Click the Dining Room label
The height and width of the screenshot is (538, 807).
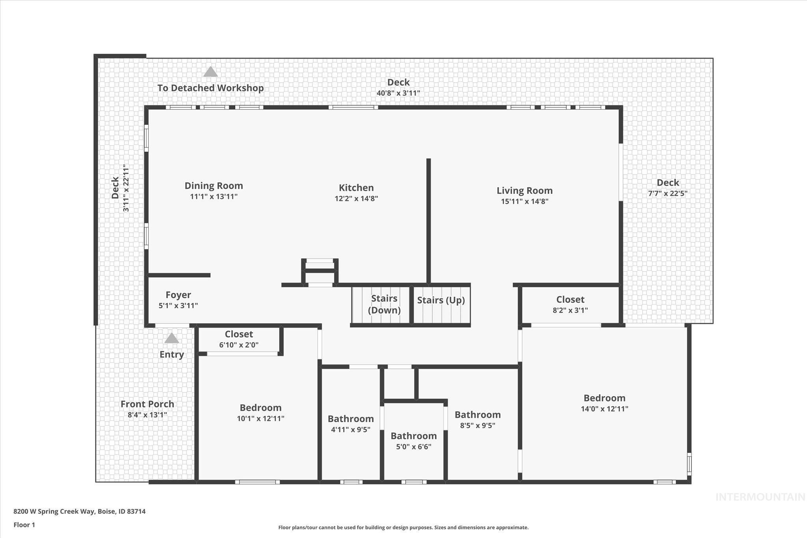[x=214, y=186]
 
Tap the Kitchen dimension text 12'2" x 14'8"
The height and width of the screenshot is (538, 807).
[x=356, y=199]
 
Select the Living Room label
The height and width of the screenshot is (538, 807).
[x=524, y=191]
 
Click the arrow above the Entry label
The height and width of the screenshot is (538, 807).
[x=171, y=339]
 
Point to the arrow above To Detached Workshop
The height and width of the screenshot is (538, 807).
[x=210, y=72]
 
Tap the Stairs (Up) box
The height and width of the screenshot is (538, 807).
[x=441, y=305]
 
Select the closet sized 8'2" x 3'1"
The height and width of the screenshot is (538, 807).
[x=570, y=305]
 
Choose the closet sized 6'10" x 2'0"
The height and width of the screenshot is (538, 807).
[x=239, y=339]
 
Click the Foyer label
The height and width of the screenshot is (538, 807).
[x=178, y=295]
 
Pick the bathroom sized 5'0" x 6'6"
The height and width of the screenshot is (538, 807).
[x=414, y=441]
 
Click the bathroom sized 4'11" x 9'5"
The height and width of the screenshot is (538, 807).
[x=351, y=424]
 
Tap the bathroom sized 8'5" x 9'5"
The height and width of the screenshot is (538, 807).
[x=478, y=420]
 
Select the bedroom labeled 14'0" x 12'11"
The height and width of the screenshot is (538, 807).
[x=604, y=403]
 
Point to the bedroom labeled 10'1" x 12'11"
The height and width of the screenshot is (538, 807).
[x=260, y=413]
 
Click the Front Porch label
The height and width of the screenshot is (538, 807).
[x=147, y=404]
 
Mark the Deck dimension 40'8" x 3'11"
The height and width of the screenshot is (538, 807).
[x=398, y=93]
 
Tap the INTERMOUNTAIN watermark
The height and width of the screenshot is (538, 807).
[x=760, y=497]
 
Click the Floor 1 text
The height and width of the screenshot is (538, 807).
[x=24, y=525]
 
